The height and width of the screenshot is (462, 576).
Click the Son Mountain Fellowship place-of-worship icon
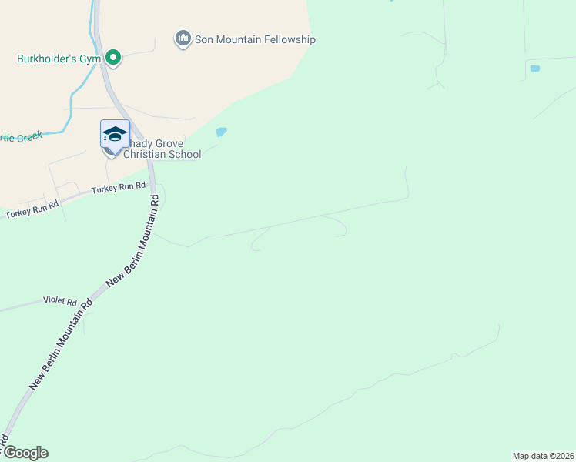click(x=183, y=38)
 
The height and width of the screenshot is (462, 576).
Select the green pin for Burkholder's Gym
click(x=113, y=57)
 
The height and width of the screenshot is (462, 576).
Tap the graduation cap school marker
click(x=115, y=135)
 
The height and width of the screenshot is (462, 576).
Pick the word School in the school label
click(x=185, y=154)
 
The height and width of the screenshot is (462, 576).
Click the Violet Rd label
click(x=61, y=301)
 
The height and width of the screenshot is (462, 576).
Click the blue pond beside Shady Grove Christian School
click(x=222, y=132)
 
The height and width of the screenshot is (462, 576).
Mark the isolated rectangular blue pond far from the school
click(x=535, y=69)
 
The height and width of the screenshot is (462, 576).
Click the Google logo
click(x=25, y=453)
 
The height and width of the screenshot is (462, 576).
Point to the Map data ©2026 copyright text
click(x=543, y=456)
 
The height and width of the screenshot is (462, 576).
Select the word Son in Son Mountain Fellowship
click(x=205, y=40)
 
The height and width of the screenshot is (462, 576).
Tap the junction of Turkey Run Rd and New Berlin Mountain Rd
click(x=152, y=188)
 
